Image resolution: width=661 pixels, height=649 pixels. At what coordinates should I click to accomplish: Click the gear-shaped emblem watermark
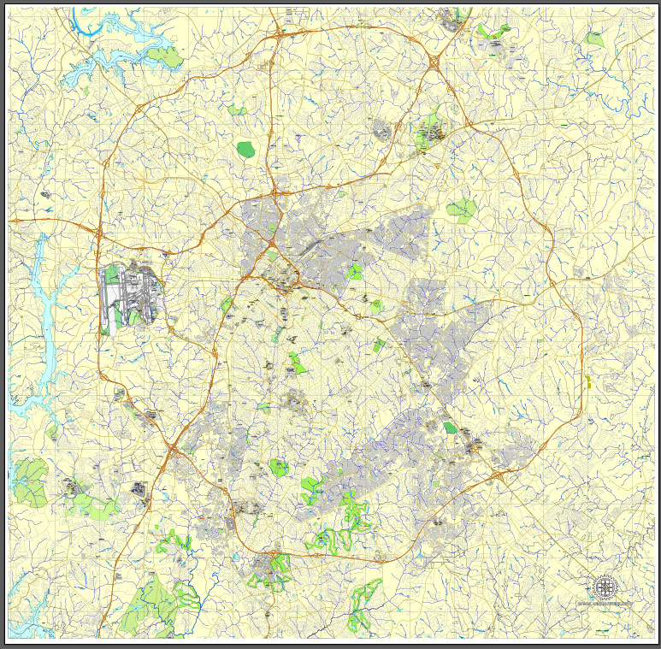(605, 587)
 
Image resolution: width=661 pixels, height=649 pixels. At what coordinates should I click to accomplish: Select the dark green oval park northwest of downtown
(246, 150)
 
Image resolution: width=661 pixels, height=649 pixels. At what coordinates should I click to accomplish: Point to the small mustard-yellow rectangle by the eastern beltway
(589, 382)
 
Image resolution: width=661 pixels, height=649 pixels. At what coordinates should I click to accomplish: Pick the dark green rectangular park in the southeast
(450, 428)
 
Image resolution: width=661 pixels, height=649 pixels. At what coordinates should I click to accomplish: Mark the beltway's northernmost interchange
(280, 35)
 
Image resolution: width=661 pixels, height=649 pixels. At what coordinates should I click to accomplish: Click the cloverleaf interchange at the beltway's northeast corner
(434, 62)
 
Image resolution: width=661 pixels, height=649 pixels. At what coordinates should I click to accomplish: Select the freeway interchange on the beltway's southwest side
(174, 447)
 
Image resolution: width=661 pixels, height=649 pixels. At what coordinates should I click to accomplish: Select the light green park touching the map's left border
(30, 481)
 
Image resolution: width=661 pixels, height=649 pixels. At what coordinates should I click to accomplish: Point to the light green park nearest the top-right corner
(593, 38)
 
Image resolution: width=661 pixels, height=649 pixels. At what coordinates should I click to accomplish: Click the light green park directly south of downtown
(296, 363)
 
